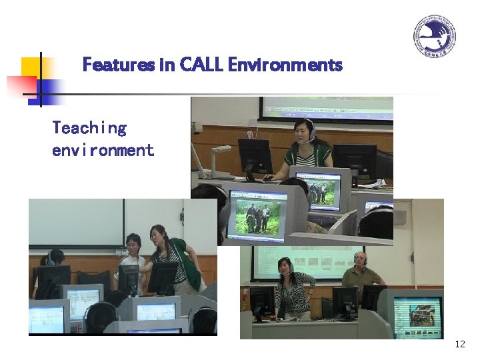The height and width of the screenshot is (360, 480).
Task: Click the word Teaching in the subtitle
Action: tap(89, 128)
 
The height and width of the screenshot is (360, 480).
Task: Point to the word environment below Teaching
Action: tap(103, 150)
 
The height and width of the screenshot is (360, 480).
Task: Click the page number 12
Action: tap(459, 344)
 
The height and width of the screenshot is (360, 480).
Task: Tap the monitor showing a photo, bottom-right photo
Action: tap(417, 317)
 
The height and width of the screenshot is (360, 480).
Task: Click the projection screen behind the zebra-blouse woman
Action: tap(307, 260)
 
